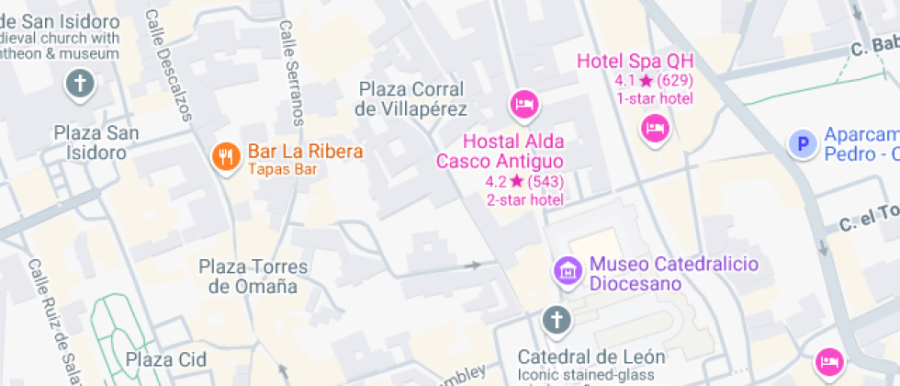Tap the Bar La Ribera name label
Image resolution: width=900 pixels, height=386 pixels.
(x=305, y=152)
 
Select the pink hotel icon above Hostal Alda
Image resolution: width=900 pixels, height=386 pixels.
(x=523, y=103)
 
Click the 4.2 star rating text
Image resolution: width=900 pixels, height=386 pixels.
(x=524, y=181)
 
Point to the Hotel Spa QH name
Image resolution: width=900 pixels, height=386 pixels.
(x=635, y=62)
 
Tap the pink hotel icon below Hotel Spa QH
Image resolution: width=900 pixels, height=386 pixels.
(x=654, y=128)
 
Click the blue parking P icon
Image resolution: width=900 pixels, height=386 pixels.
(x=803, y=143)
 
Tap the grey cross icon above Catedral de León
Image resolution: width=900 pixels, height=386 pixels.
(x=556, y=321)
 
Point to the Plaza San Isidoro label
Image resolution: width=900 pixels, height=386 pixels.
(x=96, y=142)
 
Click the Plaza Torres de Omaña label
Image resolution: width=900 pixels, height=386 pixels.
(x=253, y=277)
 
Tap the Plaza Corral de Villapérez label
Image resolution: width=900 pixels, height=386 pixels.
(x=412, y=99)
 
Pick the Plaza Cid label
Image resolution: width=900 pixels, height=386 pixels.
(x=166, y=358)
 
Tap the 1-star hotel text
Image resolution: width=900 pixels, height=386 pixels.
(x=654, y=98)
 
